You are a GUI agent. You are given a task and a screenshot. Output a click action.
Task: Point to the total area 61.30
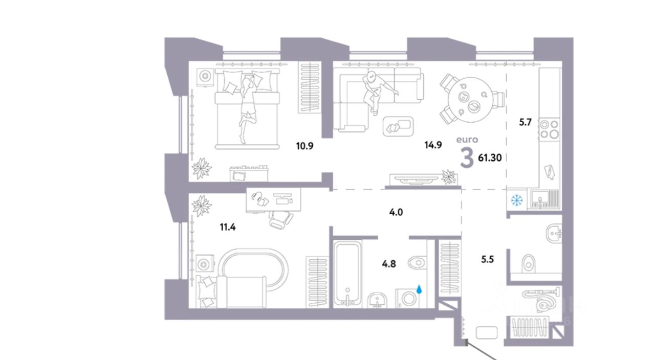(489, 157)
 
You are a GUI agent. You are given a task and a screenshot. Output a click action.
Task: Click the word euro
(467, 139)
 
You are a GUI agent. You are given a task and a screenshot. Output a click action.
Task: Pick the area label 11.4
(228, 227)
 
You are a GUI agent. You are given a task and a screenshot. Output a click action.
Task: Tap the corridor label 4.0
(396, 211)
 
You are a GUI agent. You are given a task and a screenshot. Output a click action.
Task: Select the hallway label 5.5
(488, 259)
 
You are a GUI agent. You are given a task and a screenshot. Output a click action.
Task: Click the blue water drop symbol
(420, 289)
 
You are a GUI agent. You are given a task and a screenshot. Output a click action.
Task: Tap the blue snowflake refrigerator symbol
(516, 198)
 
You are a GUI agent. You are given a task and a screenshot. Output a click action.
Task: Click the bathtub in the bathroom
(348, 274)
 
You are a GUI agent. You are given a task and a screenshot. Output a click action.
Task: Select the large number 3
(467, 157)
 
